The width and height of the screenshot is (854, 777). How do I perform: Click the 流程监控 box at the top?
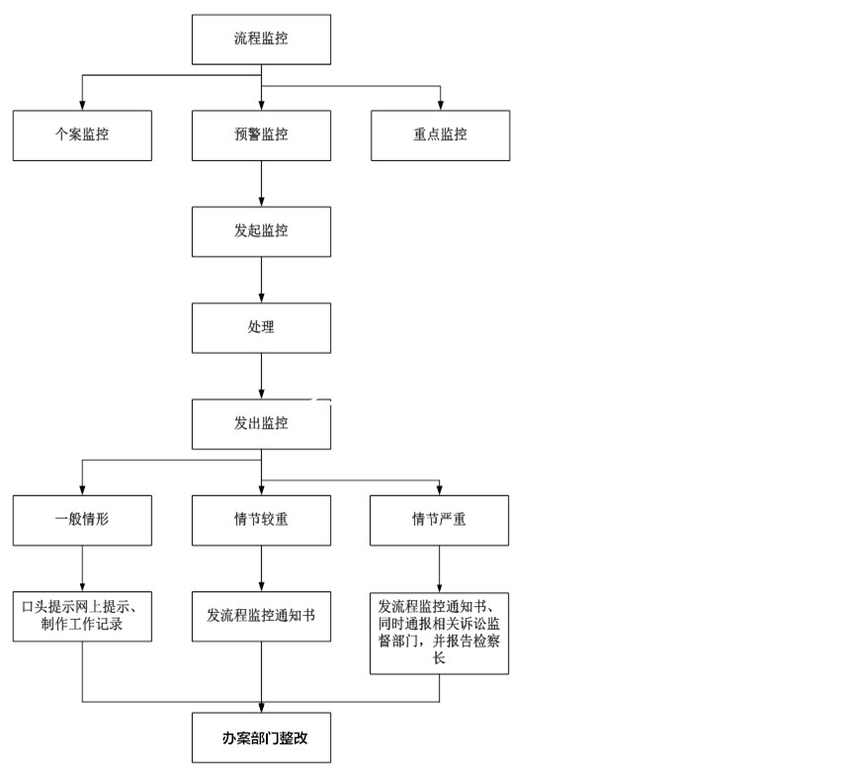pos(261,40)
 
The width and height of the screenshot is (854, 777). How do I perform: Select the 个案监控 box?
pos(82,135)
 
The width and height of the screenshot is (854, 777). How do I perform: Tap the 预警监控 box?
pos(261,135)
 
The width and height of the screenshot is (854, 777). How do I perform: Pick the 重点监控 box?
pos(441,135)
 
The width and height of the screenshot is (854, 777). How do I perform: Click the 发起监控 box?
pos(261,231)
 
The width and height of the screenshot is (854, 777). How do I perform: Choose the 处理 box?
pos(261,328)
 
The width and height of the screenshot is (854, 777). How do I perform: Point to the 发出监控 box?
pos(261,424)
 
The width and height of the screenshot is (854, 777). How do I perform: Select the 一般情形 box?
pos(82,520)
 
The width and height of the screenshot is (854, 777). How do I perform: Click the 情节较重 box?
pos(261,520)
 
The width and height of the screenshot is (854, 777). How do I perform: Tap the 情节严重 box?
pos(440,520)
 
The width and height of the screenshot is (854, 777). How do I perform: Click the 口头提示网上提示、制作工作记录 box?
pos(82,616)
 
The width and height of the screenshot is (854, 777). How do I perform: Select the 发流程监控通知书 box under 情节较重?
pos(261,616)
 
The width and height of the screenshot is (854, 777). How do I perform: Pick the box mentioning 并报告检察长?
pos(440,633)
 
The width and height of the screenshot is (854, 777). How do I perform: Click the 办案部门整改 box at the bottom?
pos(261,737)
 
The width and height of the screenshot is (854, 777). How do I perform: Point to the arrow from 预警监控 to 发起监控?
pos(261,184)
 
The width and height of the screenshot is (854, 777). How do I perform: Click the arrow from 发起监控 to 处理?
pos(261,280)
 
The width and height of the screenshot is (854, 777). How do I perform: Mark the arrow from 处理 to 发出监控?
pos(261,376)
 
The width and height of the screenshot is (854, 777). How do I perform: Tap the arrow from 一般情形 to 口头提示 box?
pos(82,568)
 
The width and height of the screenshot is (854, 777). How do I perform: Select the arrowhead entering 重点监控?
pos(441,106)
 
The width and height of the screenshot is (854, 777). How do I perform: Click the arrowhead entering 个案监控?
pos(82,106)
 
